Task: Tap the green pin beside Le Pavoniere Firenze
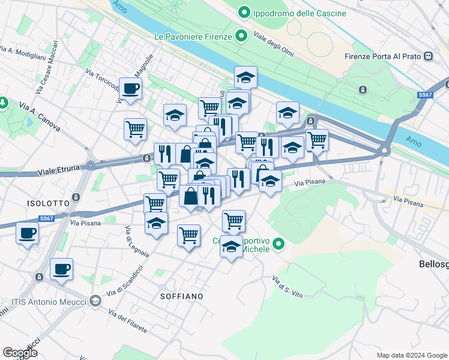pyautogui.click(x=241, y=37)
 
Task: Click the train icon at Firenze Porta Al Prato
pyautogui.click(x=428, y=56)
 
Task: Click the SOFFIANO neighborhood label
pyautogui.click(x=181, y=296)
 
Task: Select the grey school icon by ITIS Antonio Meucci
pyautogui.click(x=95, y=301)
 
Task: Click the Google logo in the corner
pyautogui.click(x=20, y=353)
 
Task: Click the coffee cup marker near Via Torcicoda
pyautogui.click(x=130, y=90)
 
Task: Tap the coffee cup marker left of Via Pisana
pyautogui.click(x=26, y=233)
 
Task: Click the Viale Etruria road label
pyautogui.click(x=58, y=170)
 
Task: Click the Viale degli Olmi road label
pyautogui.click(x=274, y=44)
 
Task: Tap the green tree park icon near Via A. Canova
pyautogui.click(x=2, y=103)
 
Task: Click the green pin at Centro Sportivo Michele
pyautogui.click(x=279, y=244)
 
